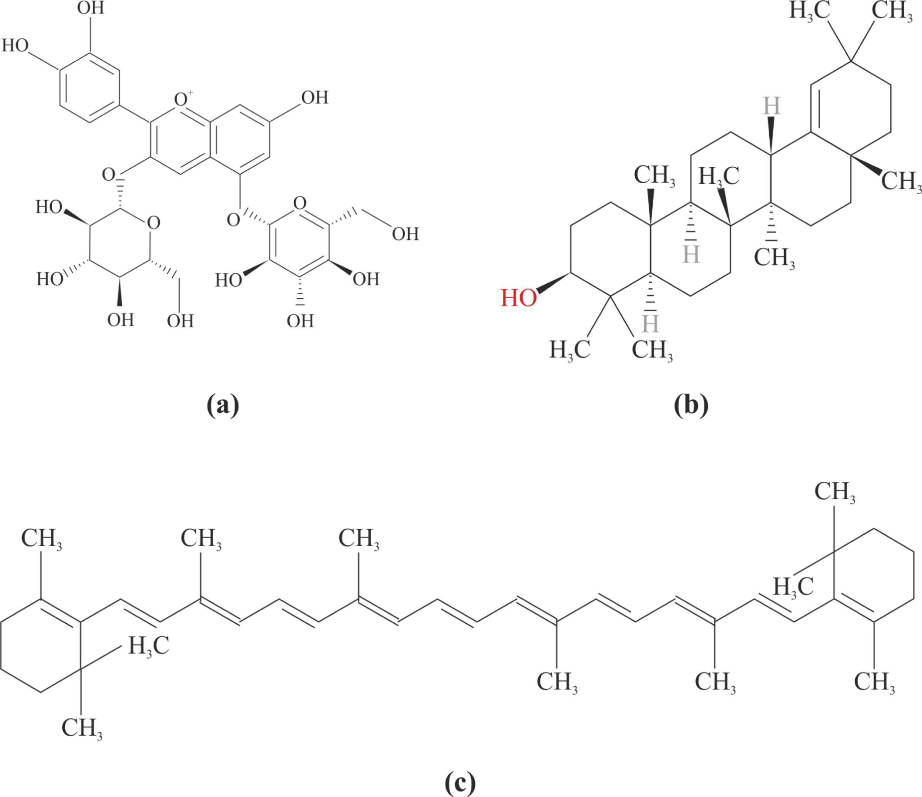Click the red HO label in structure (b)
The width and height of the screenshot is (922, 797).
[x=519, y=298]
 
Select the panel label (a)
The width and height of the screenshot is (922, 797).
[x=223, y=405]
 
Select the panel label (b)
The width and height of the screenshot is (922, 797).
[x=691, y=405]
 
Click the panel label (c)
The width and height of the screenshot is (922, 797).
[x=460, y=783]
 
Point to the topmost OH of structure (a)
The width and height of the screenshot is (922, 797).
[x=91, y=8]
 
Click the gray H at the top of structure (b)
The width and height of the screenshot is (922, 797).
[x=772, y=106]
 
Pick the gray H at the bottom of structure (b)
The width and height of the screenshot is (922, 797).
[x=650, y=324]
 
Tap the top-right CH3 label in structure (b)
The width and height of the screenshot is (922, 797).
[x=892, y=11]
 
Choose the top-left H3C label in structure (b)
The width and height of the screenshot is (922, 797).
[x=809, y=11]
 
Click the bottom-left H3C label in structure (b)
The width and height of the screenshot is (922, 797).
[x=570, y=350]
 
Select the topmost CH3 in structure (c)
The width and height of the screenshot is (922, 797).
[x=835, y=492]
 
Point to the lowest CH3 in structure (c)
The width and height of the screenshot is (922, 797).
[x=82, y=728]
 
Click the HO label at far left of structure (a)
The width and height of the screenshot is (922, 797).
[x=15, y=46]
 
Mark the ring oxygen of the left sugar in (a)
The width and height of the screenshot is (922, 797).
[x=154, y=223]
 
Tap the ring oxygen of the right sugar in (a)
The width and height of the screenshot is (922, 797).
[x=300, y=203]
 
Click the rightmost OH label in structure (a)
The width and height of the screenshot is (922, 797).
[x=405, y=234]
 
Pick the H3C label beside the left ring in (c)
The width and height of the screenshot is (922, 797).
[x=149, y=646]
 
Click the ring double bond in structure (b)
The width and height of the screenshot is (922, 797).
[x=814, y=108]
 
